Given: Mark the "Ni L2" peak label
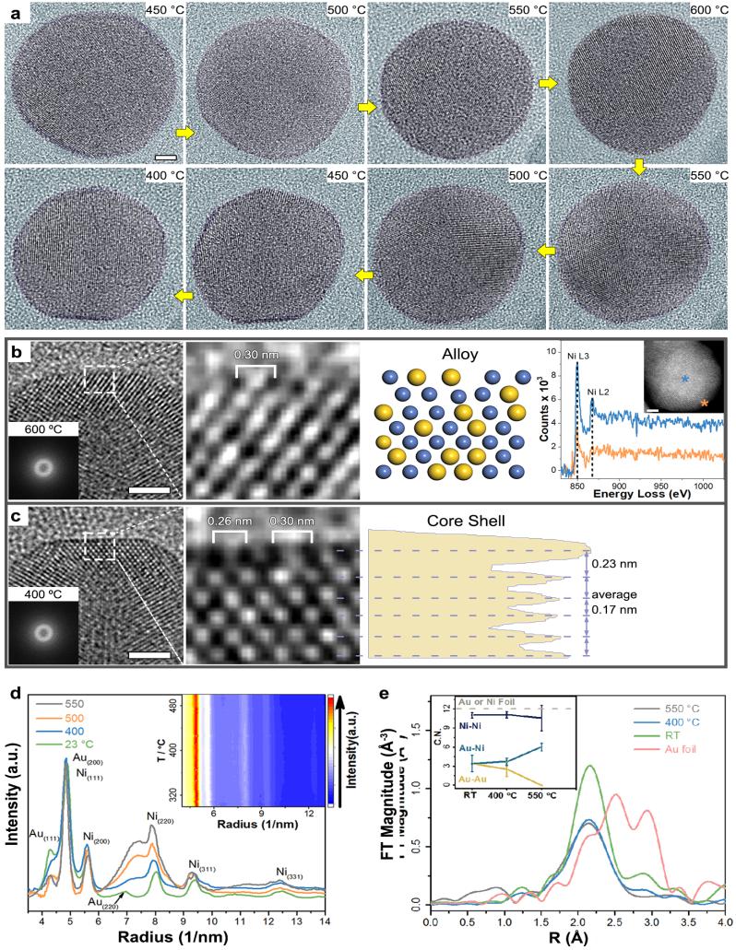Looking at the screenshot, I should pos(603,394).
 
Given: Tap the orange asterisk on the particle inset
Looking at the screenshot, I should pos(706,404).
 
